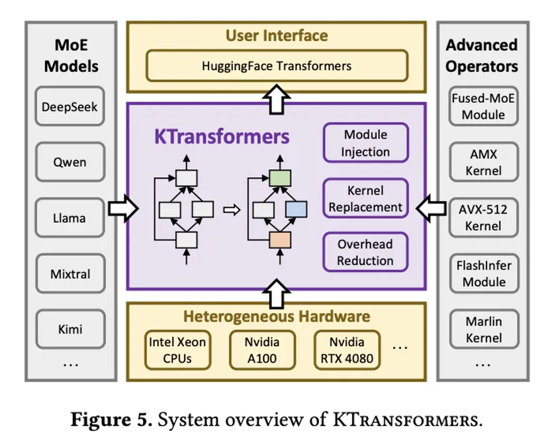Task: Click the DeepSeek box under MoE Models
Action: pos(69,106)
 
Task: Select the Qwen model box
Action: pos(69,162)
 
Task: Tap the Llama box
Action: pos(69,218)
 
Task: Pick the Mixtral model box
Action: pos(69,274)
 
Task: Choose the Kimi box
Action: pos(69,329)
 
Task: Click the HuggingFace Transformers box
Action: pos(277,66)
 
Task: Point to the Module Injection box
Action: pos(365,143)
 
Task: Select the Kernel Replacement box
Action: pos(365,198)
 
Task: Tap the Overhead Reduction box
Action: pos(365,252)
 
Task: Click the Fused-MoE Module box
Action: pos(483,106)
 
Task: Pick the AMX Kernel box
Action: pos(483,162)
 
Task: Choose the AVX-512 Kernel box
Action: pos(483,218)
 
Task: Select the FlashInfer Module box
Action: pos(483,274)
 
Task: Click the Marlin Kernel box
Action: pos(483,329)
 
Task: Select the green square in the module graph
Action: pos(280,177)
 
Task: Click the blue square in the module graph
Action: pos(297,209)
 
